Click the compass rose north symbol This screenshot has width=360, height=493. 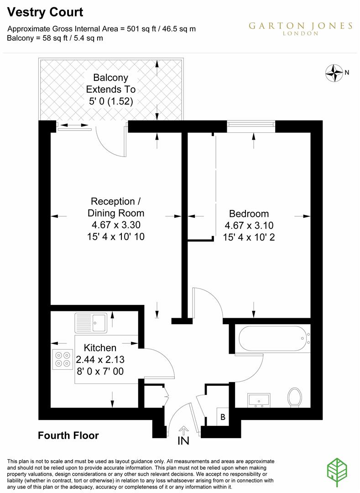point(334,72)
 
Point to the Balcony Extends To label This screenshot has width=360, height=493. point(111,89)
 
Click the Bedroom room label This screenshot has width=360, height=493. point(249,213)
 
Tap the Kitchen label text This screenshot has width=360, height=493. point(99,348)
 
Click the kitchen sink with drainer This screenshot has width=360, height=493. point(91,323)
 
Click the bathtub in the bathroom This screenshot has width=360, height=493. point(272,338)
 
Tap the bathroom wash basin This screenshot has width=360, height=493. point(260,399)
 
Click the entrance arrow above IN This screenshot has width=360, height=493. point(183,430)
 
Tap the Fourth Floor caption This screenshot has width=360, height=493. point(68,435)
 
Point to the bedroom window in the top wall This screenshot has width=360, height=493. point(251,125)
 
